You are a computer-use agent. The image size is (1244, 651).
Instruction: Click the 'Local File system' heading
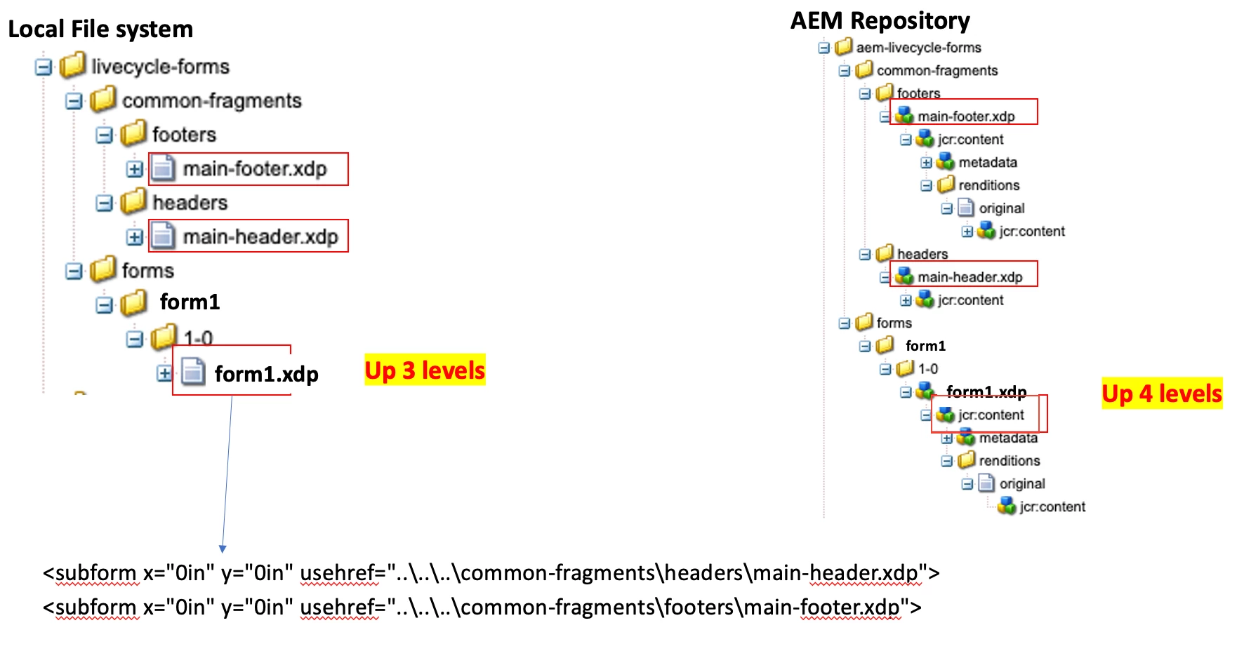coord(100,29)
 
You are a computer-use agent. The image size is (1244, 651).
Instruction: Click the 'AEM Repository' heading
coord(880,21)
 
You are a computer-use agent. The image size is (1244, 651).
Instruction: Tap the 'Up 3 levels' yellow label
coord(425,370)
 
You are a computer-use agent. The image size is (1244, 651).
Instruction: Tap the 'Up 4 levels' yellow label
coord(1162,394)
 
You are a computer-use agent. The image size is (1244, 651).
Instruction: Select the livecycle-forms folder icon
coord(73,66)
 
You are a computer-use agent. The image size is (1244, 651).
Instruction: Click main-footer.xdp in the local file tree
coord(254,169)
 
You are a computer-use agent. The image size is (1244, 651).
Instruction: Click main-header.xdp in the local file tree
coord(260,237)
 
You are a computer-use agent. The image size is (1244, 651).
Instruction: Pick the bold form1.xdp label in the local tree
coord(266,375)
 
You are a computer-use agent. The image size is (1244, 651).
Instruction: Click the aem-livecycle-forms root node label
coord(918,48)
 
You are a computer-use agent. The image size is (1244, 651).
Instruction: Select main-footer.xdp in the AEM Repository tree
coord(966,116)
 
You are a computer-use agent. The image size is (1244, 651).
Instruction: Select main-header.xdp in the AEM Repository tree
coord(970,277)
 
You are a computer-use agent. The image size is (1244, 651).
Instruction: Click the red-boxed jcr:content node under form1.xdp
coord(991,415)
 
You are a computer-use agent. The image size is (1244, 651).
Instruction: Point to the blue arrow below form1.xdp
coord(227,477)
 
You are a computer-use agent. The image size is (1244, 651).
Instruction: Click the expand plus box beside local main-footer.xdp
coord(135,169)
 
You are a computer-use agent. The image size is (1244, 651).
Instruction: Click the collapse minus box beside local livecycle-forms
coord(44,67)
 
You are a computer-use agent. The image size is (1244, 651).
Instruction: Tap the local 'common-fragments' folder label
coord(211,101)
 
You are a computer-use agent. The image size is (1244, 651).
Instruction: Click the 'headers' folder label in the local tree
coord(190,203)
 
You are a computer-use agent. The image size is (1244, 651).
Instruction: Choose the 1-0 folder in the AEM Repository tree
coord(927,369)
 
